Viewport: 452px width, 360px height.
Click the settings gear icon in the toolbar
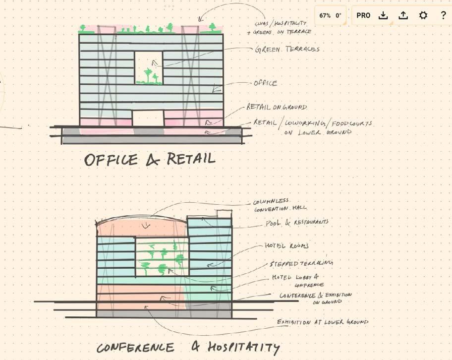pos(423,15)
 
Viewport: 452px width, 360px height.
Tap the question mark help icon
pos(443,15)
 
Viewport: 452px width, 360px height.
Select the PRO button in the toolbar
pos(363,15)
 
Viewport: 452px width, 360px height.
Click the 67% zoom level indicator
pos(325,15)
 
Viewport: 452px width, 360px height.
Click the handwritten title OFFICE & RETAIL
pos(150,159)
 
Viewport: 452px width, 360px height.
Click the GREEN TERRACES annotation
pos(287,50)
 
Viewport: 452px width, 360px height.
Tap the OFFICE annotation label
pos(266,83)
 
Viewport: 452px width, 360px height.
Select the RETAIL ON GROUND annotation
pos(277,107)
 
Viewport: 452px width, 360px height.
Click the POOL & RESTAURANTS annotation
pos(296,223)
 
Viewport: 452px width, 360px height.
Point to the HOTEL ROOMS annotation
pos(286,245)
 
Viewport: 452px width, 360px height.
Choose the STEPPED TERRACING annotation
pos(301,262)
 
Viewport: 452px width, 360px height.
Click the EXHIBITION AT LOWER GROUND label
pos(323,322)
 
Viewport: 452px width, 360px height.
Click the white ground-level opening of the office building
pos(148,118)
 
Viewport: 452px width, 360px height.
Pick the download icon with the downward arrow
pos(383,15)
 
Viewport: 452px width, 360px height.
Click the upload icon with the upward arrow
pos(403,15)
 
